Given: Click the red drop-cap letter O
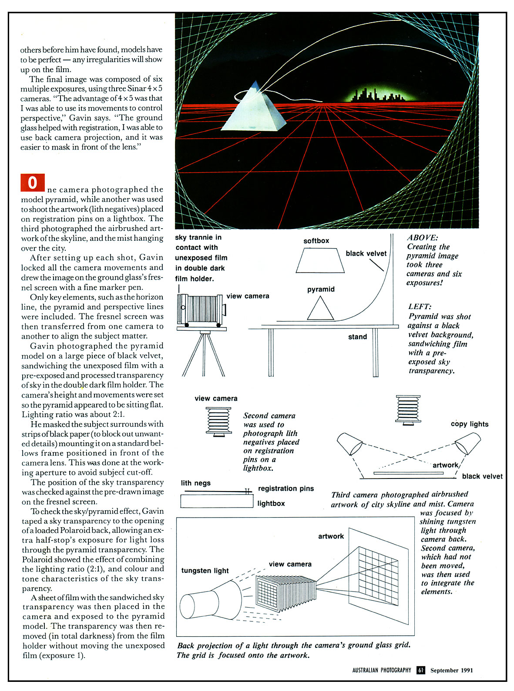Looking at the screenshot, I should [x=33, y=183].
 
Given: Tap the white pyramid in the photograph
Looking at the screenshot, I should [x=253, y=111].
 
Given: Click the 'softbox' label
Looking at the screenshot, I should [x=316, y=241].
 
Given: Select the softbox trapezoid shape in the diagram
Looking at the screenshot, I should [x=320, y=261].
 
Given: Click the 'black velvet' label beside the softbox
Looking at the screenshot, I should [x=366, y=253].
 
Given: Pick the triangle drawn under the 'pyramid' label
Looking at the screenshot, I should [x=320, y=309].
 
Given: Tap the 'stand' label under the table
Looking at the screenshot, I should [x=357, y=337].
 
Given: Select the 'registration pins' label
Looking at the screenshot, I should [x=286, y=488].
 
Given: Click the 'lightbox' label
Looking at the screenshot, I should [x=271, y=503].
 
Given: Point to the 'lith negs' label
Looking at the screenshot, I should [x=195, y=483].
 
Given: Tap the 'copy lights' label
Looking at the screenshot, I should [x=470, y=424].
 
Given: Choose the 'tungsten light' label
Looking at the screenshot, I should [x=205, y=571].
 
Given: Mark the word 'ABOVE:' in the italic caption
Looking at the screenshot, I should [x=423, y=238].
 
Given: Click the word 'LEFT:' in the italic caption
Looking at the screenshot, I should [x=420, y=307].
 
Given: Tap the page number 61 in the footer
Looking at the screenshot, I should [x=421, y=670].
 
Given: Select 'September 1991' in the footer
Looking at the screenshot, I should [x=451, y=670].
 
